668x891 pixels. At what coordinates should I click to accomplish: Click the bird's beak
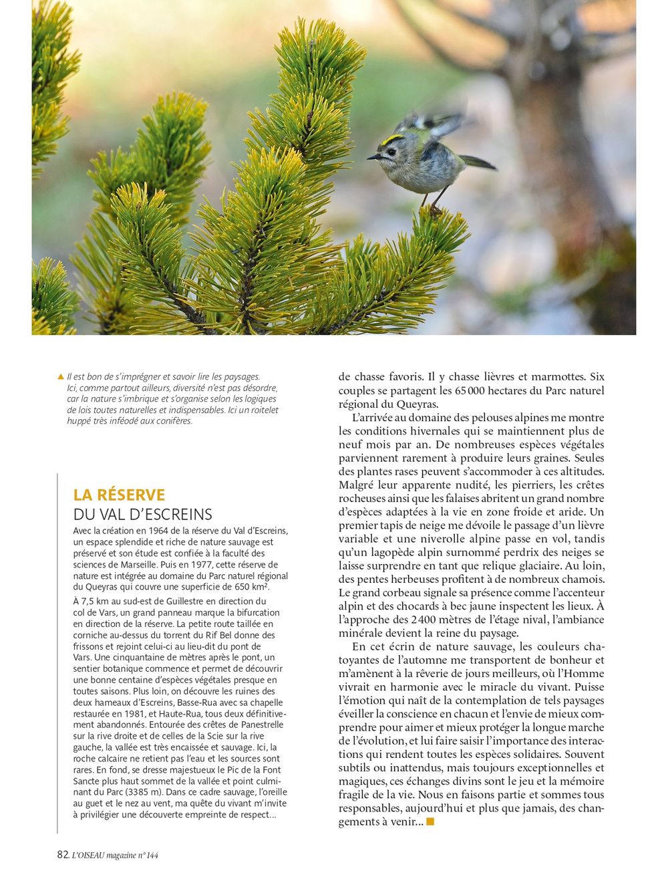tap(371, 157)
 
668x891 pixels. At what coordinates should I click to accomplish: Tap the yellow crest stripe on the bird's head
tap(393, 139)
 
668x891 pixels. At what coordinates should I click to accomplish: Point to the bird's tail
tap(478, 162)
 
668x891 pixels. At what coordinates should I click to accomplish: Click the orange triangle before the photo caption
tap(61, 377)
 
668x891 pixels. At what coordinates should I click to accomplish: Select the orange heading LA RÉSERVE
tap(119, 495)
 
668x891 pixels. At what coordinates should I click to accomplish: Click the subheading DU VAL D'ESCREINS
tap(142, 514)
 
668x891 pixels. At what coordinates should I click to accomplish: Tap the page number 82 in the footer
tap(63, 855)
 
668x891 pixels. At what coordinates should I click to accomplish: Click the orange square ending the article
tap(430, 821)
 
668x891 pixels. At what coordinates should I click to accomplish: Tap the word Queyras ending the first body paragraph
tap(417, 404)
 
